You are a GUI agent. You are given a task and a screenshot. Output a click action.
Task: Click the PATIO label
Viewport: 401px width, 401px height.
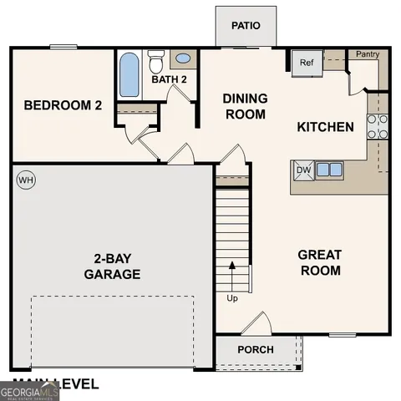[246, 25]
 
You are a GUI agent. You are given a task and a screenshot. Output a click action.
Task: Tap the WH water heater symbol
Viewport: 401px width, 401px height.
[26, 180]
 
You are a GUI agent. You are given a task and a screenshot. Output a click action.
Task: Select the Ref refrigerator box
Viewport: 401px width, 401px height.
[306, 62]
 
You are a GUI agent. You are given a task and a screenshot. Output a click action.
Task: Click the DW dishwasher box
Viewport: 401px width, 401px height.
[303, 170]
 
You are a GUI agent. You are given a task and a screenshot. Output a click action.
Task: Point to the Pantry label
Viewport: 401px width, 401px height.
[368, 54]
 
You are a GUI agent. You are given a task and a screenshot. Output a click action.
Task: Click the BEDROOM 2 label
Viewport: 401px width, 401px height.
[63, 105]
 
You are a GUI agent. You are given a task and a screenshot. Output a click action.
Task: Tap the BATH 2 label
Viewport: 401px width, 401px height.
[169, 79]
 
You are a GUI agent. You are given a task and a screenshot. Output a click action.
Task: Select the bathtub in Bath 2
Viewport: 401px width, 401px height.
[129, 75]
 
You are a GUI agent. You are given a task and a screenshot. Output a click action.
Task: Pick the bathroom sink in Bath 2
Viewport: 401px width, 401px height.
[184, 59]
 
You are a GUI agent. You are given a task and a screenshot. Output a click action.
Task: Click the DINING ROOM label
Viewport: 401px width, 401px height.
[245, 106]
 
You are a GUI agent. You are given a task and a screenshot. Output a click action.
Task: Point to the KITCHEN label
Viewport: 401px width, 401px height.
[326, 128]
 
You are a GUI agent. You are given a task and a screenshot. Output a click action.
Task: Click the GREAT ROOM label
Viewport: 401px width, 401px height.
[320, 262]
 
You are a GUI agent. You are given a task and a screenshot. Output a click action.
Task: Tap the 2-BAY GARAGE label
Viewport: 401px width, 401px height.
[112, 266]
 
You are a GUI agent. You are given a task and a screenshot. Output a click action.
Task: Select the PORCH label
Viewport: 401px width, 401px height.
[256, 349]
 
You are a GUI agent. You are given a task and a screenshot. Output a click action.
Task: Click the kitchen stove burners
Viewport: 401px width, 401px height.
[378, 125]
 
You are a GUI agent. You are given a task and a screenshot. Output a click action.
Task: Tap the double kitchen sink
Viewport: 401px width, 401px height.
[329, 170]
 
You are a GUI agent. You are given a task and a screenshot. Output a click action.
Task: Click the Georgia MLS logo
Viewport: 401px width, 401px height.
[29, 391]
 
